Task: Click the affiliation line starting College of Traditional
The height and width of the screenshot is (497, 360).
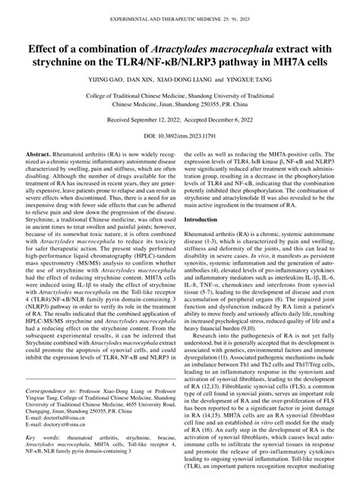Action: [x=179, y=96]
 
